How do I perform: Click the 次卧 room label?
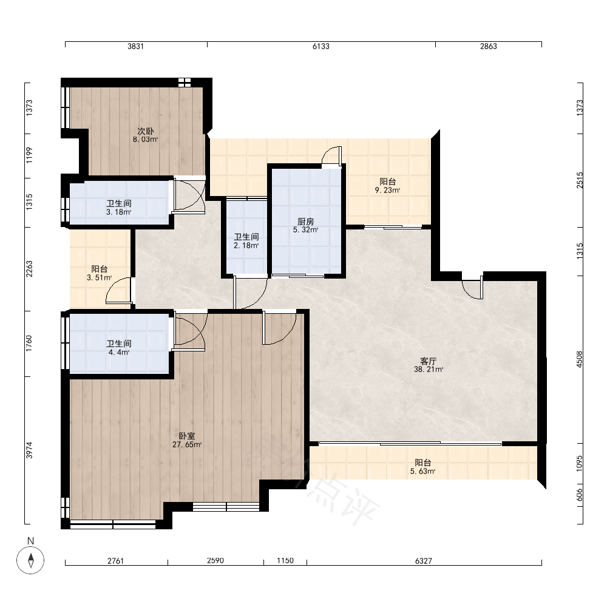tap(146, 131)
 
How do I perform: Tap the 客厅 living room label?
tap(428, 361)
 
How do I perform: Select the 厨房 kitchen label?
tap(305, 222)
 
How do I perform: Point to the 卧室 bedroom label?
tap(186, 436)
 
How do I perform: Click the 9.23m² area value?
tap(387, 190)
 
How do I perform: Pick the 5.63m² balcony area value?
tap(422, 471)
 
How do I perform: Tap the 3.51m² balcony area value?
tap(100, 277)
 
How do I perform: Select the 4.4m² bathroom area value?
tap(119, 352)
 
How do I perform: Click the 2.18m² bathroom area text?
tap(246, 245)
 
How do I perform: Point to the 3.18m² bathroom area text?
tap(119, 212)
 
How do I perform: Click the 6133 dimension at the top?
tap(321, 47)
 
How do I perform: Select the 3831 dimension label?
tap(135, 47)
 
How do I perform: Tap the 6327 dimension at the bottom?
tap(424, 560)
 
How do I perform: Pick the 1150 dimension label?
tap(285, 560)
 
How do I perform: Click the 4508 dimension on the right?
tap(580, 359)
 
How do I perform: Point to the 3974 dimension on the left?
tap(29, 450)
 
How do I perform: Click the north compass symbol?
tap(30, 560)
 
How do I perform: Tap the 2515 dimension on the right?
tap(580, 180)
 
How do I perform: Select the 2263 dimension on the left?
tap(29, 269)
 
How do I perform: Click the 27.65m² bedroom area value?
tap(187, 445)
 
